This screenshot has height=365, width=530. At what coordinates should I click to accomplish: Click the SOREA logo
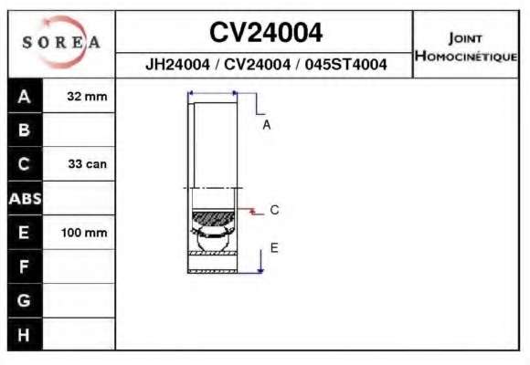click(61, 42)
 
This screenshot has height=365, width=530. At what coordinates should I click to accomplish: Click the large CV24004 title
click(266, 33)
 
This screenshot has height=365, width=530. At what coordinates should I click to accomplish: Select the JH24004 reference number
click(177, 64)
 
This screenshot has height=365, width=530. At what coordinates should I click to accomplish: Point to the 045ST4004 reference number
click(345, 64)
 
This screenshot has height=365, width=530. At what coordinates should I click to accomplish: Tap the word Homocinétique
click(466, 56)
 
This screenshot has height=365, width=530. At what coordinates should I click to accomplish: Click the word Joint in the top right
click(465, 38)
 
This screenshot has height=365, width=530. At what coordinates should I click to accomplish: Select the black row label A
click(25, 96)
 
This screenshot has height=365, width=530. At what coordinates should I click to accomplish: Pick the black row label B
click(25, 130)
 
